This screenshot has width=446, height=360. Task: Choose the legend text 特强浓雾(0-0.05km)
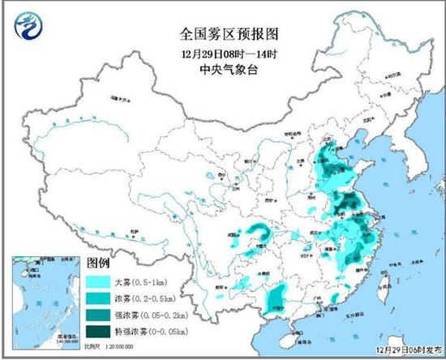[x=154, y=328]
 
